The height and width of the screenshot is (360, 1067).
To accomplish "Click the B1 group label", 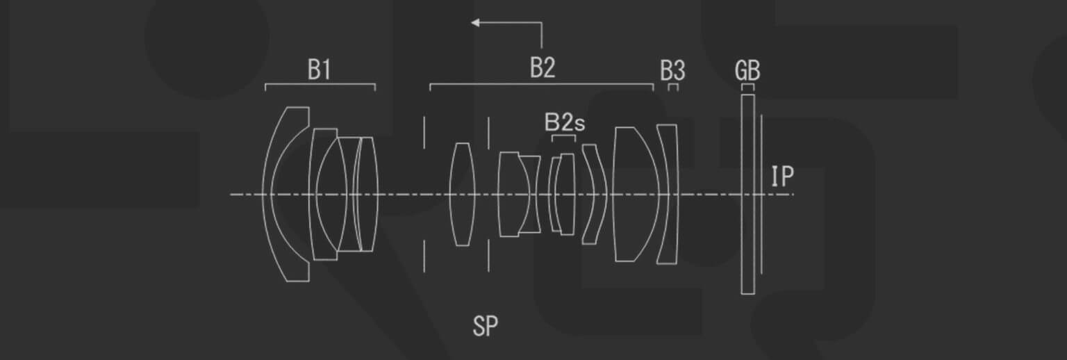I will pos(319,69).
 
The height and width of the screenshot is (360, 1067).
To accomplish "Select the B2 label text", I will pos(543,68).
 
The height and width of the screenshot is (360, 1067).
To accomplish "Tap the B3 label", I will pos(672,70).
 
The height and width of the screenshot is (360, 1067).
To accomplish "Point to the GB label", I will pos(747,71).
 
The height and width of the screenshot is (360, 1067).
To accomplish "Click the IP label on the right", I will pos(782,177).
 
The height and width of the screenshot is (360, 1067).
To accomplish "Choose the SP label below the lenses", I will pos(485,326).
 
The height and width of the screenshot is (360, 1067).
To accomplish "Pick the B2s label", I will pos(564,123).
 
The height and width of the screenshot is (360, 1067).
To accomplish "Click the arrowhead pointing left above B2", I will pos(476,23).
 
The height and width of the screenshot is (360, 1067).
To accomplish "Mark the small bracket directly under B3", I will pos(673,87).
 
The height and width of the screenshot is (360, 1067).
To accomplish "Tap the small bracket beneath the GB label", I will pos(747,87).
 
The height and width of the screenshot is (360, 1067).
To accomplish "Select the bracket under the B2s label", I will pos(563,138).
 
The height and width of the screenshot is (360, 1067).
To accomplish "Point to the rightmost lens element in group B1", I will pos(366,194).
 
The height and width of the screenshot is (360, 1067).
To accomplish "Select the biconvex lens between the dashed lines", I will pos(461,195).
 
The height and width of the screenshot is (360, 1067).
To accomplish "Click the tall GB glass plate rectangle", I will pos(747,195).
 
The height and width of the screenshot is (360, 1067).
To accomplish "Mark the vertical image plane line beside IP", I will pos(761,195).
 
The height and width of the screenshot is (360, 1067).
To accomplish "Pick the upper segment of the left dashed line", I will pos(424,132).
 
